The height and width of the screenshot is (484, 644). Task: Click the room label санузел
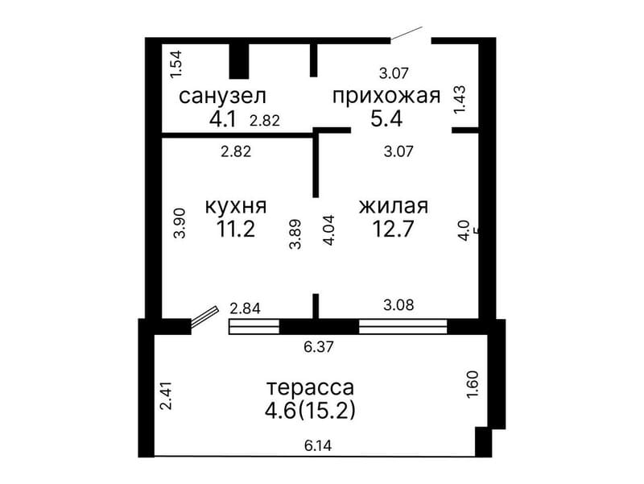(222, 97)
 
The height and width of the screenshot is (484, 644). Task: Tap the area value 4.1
(222, 120)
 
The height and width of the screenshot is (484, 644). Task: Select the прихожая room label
(386, 97)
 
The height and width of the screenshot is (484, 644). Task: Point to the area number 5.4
(386, 120)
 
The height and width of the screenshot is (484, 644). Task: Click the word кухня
(236, 206)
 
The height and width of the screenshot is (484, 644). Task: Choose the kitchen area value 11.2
(235, 230)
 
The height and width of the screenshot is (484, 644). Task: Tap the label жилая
(393, 206)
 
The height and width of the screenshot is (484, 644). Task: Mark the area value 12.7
(393, 230)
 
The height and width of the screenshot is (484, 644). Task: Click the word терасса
(310, 387)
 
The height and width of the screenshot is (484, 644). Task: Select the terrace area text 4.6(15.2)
(310, 411)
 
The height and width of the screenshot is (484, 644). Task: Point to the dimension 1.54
(176, 64)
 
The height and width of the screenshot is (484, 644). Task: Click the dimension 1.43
(460, 100)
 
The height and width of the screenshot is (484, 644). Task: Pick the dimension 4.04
(328, 230)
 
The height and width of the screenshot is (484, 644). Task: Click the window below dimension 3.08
(402, 326)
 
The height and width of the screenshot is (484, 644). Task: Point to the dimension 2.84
(245, 307)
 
